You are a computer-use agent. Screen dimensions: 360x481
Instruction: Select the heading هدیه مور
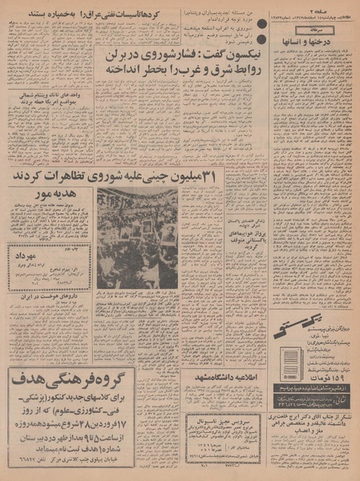tap(47, 195)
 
